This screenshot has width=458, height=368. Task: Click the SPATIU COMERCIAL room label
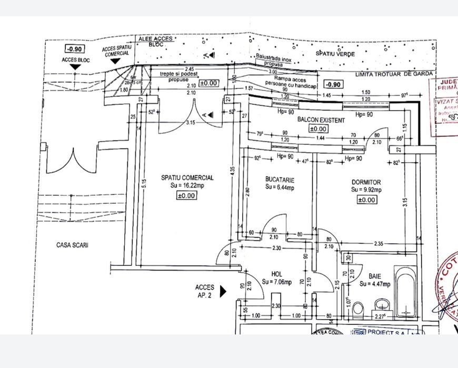[x=187, y=178]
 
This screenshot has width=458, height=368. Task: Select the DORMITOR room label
[x=366, y=182]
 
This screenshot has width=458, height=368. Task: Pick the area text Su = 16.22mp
[x=187, y=186]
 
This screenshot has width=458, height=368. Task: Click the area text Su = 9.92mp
[x=366, y=190]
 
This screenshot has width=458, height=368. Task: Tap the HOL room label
[x=277, y=274]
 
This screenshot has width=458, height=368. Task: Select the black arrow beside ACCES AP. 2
[x=223, y=291]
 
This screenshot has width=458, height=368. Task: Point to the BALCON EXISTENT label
[x=321, y=120]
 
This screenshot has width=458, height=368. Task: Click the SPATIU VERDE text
[x=335, y=54]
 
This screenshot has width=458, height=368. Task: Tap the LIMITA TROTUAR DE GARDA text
[x=394, y=75]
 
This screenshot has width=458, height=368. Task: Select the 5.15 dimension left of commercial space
[x=136, y=184]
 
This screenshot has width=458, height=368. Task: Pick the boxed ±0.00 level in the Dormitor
[x=366, y=200]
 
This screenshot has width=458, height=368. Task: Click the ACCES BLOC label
[x=76, y=60]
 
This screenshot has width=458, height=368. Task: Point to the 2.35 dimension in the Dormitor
[x=377, y=243]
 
